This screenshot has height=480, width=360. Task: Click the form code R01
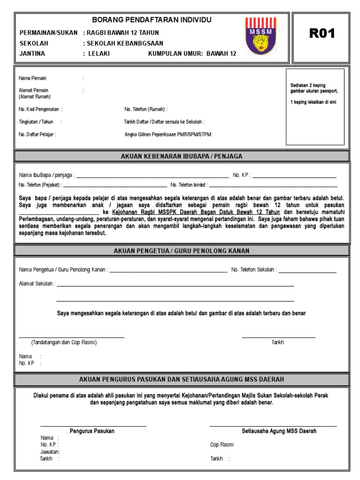(x=322, y=33)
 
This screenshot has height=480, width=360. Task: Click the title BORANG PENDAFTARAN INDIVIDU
(x=151, y=20)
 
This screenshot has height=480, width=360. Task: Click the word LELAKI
(x=99, y=53)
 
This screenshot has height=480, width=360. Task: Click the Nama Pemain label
(x=32, y=78)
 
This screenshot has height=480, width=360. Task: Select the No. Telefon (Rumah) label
(x=146, y=109)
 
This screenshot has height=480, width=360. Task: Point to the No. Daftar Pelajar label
(x=37, y=135)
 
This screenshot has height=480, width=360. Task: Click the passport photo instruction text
(x=314, y=94)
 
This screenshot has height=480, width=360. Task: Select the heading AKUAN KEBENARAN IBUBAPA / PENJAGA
(x=181, y=157)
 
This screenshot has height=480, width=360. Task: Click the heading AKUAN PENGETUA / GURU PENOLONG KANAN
(x=181, y=251)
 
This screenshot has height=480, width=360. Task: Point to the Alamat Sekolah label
(x=37, y=284)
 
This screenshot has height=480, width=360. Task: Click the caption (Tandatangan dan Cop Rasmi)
(x=64, y=343)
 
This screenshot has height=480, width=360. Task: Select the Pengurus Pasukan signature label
(x=92, y=431)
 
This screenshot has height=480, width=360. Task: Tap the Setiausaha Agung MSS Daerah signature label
(x=279, y=431)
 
